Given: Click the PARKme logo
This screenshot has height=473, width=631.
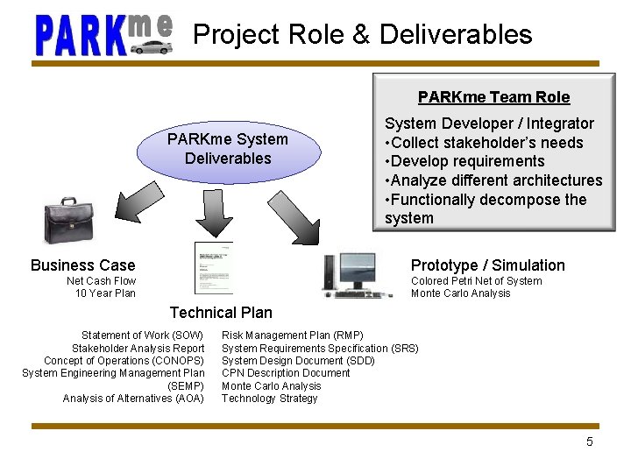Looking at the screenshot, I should coord(103,34).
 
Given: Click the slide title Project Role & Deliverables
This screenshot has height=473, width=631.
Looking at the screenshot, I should coord(362,34).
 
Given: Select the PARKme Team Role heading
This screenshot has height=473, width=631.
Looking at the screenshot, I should coord(493,97).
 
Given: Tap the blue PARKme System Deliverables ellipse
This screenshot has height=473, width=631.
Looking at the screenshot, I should coord(228,149).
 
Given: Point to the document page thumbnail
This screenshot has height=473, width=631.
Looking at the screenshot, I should coord(213,267).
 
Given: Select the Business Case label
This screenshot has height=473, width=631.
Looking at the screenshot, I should coord(82,265).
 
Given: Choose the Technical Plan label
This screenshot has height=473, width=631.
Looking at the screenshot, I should coord(221,313).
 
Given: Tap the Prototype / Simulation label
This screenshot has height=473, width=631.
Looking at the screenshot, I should coord(487,265).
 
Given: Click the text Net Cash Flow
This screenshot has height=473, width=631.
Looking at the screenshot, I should coord(102,281).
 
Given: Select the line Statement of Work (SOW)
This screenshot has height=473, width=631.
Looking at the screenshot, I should coord(142,335).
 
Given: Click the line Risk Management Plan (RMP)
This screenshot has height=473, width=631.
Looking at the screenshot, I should coord(292,335).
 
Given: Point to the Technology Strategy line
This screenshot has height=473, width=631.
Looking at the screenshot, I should coord(269,399).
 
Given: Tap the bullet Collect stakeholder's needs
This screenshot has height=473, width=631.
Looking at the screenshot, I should coord(484,143).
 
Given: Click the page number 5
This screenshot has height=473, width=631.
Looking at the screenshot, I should coord(590,441).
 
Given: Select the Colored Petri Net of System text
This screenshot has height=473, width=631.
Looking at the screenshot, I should coord(476,281).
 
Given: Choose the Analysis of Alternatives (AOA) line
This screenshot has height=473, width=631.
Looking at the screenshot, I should coord(133,399).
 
